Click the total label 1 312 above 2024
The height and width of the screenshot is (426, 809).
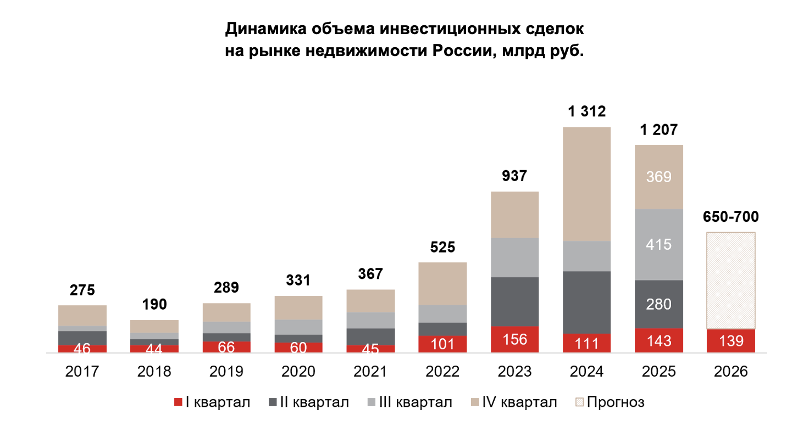pos(586,112)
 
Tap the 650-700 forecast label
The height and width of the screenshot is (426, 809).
pos(730,217)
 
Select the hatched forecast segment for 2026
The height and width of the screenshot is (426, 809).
pos(730,280)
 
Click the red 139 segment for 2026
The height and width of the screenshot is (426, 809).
pos(730,341)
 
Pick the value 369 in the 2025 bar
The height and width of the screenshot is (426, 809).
pos(658,177)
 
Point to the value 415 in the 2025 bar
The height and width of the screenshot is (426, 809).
pos(658,244)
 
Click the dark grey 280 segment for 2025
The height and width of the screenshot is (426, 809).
pos(658,304)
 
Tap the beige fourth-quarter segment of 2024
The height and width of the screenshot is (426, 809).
pos(586,184)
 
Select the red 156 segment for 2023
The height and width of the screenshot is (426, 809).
pos(514,339)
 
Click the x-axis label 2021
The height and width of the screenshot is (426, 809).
pos(370,372)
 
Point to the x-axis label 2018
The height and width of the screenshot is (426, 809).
pos(154,372)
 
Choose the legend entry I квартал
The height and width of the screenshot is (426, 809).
pos(212,402)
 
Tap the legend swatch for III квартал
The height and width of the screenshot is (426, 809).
pos(371,402)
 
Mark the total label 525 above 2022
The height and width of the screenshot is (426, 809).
pos(442,248)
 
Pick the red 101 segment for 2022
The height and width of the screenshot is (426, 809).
pos(442,344)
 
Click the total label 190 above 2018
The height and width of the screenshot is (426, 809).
pos(154,305)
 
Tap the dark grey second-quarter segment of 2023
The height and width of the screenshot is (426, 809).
pos(514,301)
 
